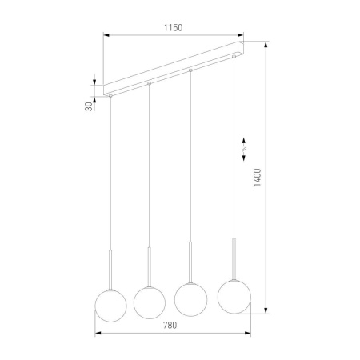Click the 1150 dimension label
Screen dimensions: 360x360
(x=174, y=27)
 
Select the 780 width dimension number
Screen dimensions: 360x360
(x=169, y=325)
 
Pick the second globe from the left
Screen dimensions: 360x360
(x=149, y=300)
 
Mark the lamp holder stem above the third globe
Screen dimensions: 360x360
(x=190, y=260)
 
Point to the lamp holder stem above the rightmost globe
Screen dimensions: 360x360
(x=234, y=255)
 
